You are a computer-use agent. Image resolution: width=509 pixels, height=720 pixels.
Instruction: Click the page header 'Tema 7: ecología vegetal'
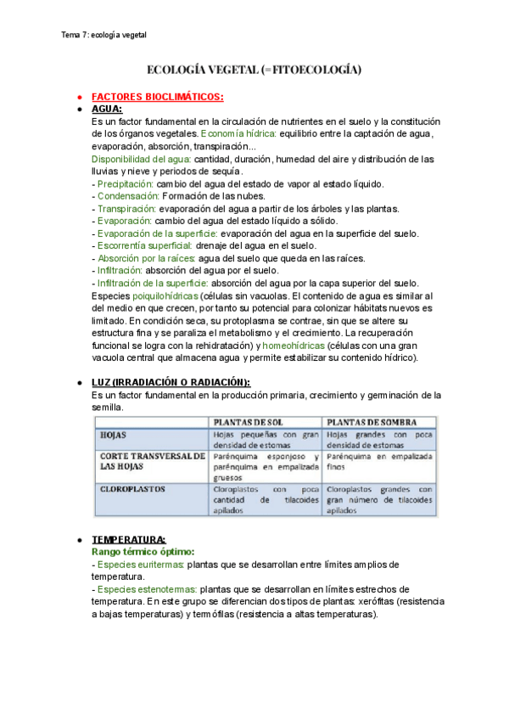click(x=104, y=35)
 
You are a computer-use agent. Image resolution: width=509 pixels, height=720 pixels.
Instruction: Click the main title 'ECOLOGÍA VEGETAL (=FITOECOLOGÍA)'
click(x=255, y=70)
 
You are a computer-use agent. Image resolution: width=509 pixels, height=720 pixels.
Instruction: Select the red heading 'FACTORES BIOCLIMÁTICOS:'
click(x=157, y=97)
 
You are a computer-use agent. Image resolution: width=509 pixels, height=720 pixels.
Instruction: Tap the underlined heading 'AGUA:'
click(x=107, y=110)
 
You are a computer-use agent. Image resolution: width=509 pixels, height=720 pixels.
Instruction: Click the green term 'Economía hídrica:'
click(x=238, y=134)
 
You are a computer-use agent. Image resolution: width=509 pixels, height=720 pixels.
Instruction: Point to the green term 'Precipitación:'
click(x=125, y=183)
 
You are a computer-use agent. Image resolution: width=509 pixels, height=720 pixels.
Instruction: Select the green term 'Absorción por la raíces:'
click(x=144, y=258)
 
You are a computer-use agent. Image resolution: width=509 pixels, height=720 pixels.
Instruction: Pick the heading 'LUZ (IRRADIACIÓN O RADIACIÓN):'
click(x=171, y=383)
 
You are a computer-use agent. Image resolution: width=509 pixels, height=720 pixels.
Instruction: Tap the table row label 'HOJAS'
click(x=114, y=435)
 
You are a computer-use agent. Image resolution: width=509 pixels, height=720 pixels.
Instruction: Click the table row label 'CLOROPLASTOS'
click(x=133, y=490)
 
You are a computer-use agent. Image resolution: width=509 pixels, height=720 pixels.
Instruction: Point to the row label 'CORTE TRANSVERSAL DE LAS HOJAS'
click(x=151, y=461)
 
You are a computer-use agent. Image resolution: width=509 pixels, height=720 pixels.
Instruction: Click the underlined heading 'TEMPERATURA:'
click(x=129, y=540)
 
